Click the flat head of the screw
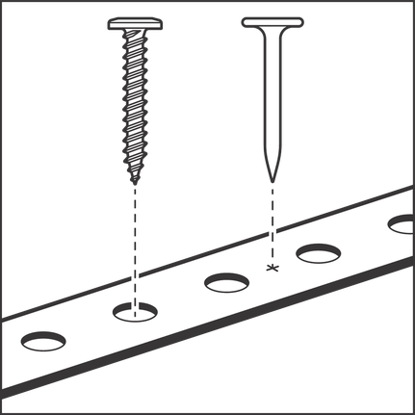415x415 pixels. pyautogui.click(x=136, y=22)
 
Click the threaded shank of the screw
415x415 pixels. pyautogui.click(x=136, y=106)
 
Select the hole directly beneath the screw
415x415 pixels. pyautogui.click(x=136, y=311)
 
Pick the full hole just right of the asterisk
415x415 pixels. pyautogui.click(x=317, y=254)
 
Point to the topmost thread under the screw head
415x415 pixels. pyautogui.click(x=136, y=41)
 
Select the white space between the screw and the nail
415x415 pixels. pyautogui.click(x=203, y=116)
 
